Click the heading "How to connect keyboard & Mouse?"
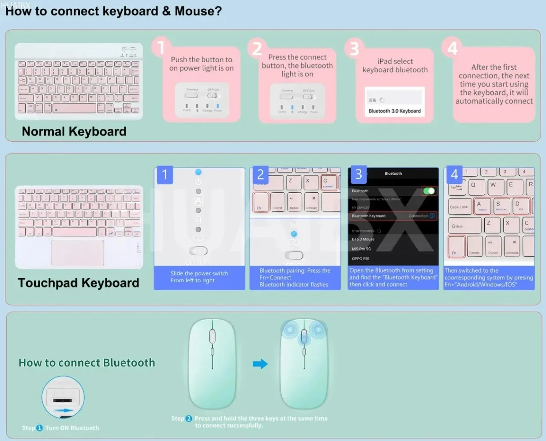[113, 11]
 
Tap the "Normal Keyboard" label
[74, 131]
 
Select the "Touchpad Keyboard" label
[79, 283]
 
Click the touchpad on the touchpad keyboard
[78, 253]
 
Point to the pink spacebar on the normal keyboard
[75, 108]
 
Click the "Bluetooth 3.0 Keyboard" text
[395, 111]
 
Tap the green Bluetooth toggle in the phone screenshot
[429, 191]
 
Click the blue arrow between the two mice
[260, 364]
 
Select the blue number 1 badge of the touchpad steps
[165, 175]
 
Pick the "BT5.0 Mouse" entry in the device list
[363, 239]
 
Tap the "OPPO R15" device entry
[361, 258]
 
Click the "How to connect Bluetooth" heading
[87, 363]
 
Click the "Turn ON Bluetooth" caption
[72, 428]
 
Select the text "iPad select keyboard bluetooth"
[395, 66]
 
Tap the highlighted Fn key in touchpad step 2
[261, 202]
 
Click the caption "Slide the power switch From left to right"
[199, 277]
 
